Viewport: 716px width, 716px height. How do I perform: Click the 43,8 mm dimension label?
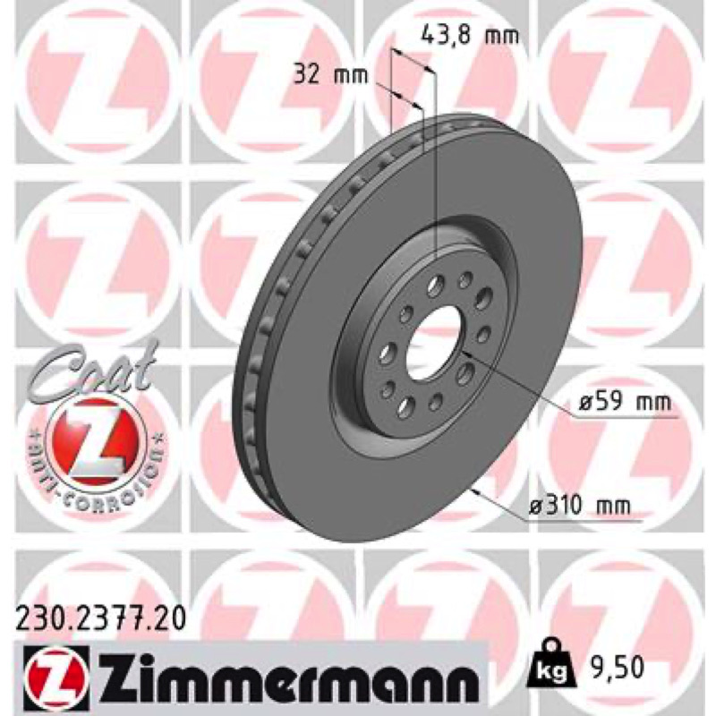[x=469, y=35]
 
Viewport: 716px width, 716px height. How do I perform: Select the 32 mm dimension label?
[x=330, y=74]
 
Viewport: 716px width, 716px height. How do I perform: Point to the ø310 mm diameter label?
[x=579, y=506]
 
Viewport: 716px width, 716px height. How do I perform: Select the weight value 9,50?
[x=611, y=668]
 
